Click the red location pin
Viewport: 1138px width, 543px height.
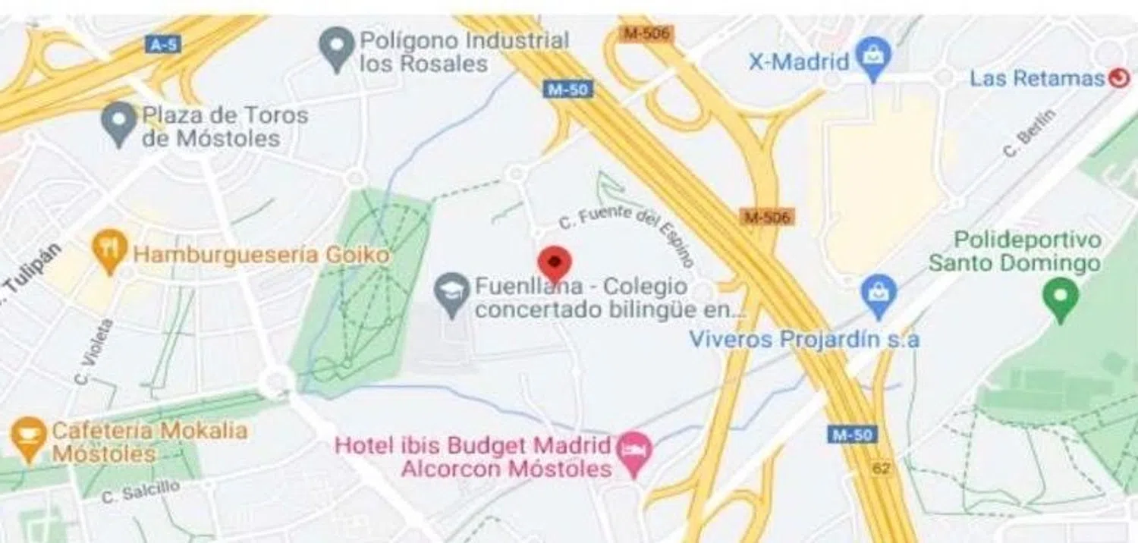(555, 262)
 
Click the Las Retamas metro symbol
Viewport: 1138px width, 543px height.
(1118, 77)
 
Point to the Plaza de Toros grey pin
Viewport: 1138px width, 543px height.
(119, 124)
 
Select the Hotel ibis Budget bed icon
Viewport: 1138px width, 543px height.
(634, 453)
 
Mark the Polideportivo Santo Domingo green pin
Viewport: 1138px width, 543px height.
(1061, 297)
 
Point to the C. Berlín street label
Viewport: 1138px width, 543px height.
(1030, 133)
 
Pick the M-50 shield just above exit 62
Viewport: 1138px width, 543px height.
(851, 435)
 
